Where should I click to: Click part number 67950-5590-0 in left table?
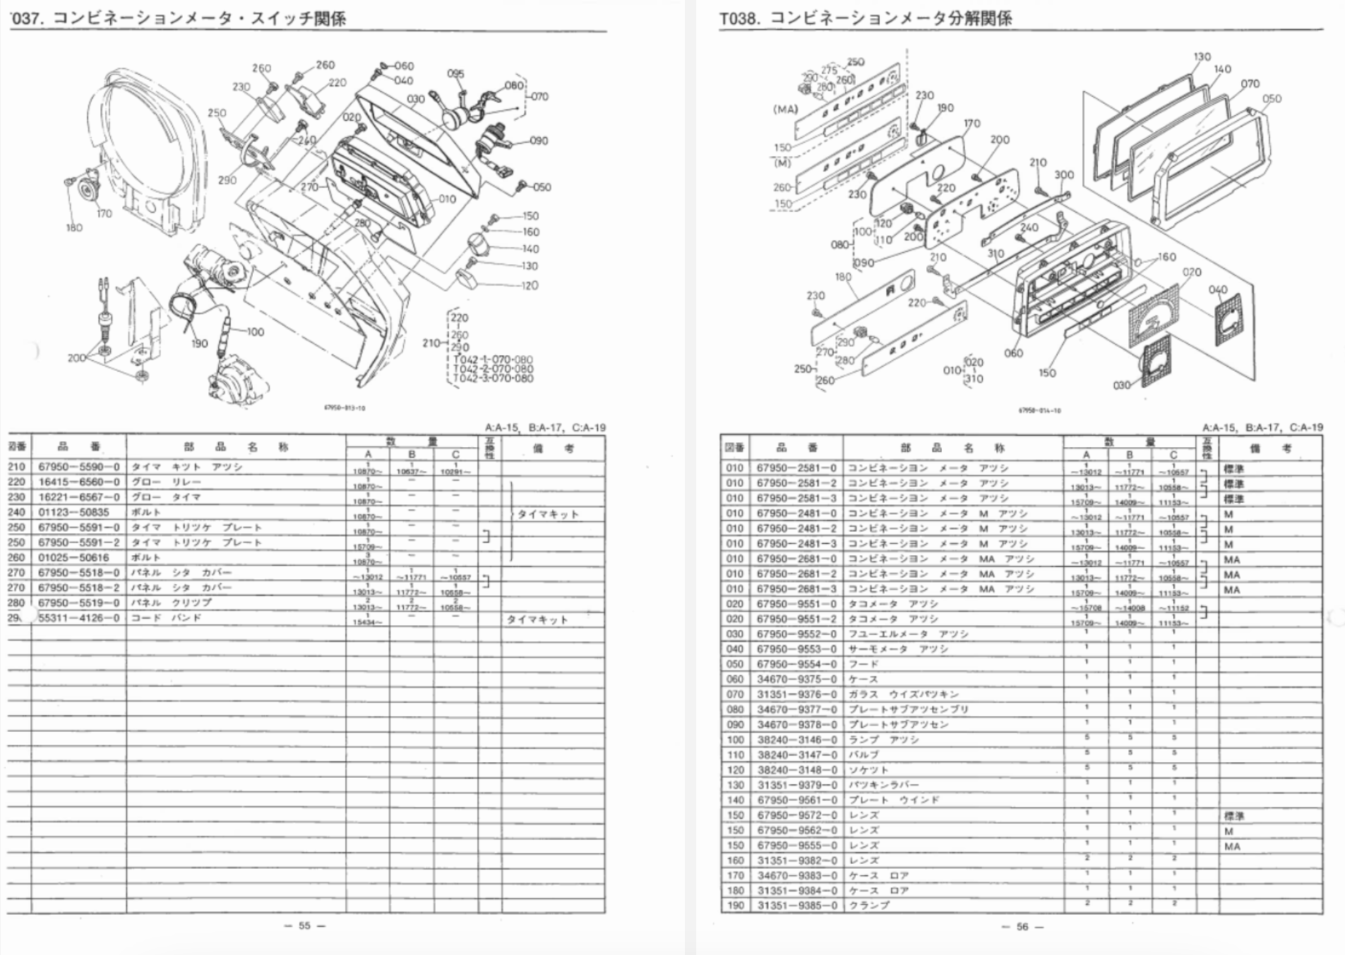tap(79, 467)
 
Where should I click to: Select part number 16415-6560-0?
tap(79, 482)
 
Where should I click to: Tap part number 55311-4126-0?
tap(79, 618)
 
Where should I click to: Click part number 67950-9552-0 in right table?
tap(796, 634)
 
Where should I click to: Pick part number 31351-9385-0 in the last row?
tap(796, 906)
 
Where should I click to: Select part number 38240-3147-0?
tap(796, 754)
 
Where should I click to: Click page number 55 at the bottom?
tap(304, 925)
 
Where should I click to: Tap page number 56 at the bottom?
tap(1022, 926)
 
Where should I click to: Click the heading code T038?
tap(739, 18)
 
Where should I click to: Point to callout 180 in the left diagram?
tap(74, 227)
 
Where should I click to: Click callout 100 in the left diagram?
tap(255, 331)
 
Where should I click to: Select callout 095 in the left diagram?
tap(455, 73)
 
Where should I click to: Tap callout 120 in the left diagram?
tap(530, 285)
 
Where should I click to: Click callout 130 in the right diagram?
tap(1202, 57)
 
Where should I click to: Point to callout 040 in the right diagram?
tap(1218, 290)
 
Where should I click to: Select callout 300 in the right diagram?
tap(1063, 175)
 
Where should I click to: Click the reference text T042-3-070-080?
tap(493, 379)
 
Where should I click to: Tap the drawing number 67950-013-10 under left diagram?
tap(345, 408)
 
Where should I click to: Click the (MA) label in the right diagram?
tap(785, 109)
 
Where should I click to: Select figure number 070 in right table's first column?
tap(735, 694)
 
